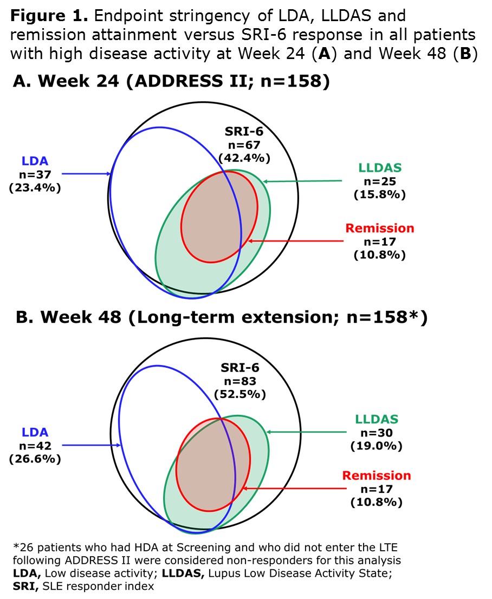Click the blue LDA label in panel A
point(35,161)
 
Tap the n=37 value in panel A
point(35,174)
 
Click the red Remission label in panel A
point(379,228)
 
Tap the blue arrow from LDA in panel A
point(87,174)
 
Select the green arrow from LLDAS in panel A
point(303,181)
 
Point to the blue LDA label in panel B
point(35,432)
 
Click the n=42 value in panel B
point(35,446)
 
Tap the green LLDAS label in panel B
point(377,419)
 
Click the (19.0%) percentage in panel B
point(377,446)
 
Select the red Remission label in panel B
point(377,476)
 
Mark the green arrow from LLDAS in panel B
point(306,432)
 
